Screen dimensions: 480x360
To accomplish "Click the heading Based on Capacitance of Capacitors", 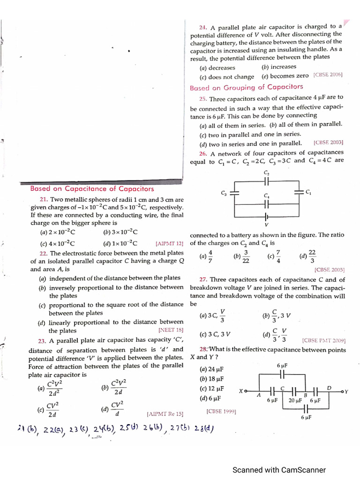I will (92, 188).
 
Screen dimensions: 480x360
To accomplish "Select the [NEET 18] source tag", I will (171, 330).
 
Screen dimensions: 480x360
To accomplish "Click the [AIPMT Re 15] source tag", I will (165, 414).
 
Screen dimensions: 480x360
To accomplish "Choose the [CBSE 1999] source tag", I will (221, 412).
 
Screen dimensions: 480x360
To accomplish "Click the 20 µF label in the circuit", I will (295, 401).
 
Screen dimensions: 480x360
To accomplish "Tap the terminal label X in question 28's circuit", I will (240, 390).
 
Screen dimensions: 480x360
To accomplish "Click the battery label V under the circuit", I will (266, 224).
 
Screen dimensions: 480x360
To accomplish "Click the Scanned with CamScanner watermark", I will (279, 470).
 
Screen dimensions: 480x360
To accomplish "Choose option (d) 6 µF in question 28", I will (210, 398).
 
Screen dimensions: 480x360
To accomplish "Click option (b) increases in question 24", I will (279, 67).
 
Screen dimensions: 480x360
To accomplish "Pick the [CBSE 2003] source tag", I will (328, 142).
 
